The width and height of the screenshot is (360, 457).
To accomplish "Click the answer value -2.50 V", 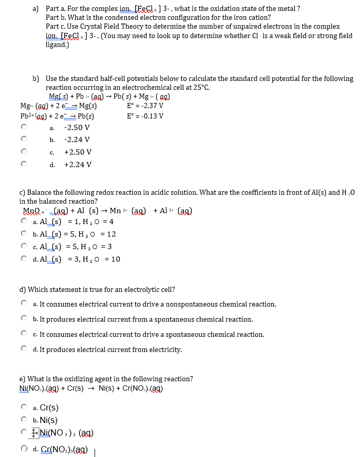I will [77, 127].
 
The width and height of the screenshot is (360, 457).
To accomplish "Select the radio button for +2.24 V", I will [24, 165].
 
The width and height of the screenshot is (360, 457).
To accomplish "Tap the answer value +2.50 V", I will [77, 152].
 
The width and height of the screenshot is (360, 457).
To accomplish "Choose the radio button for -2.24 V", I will [24, 139].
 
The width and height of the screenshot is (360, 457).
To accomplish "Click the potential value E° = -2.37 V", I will [145, 106].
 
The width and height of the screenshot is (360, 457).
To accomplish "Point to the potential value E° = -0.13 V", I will [145, 116].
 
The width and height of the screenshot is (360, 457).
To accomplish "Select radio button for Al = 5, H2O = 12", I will [24, 234].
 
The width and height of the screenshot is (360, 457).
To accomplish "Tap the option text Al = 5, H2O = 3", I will [76, 247].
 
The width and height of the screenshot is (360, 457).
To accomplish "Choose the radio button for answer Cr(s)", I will [24, 407].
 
